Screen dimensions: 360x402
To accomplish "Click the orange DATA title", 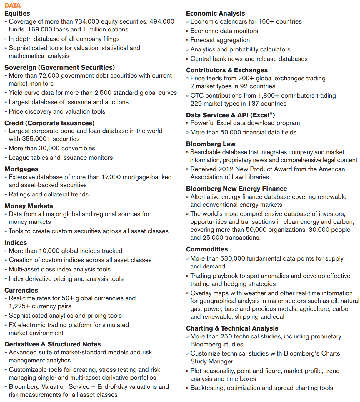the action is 12,5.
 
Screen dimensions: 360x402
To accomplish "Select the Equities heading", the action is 17,13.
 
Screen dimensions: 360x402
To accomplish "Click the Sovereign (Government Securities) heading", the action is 59,68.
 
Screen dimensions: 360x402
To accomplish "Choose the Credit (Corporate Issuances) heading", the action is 49,123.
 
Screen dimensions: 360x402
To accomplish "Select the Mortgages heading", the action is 21,169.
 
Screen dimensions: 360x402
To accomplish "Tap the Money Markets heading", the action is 29,206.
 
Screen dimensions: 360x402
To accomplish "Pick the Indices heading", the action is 16,243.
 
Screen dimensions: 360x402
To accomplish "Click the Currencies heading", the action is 21,291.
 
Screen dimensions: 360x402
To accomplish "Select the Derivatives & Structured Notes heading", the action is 53,344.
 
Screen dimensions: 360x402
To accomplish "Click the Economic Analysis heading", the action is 215,13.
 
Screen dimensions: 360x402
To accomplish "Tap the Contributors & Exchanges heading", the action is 227,70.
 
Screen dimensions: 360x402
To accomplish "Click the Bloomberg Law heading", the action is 211,144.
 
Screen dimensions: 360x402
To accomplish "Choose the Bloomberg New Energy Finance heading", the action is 236,189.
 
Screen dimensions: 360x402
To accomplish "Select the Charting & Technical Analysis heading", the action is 232,328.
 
